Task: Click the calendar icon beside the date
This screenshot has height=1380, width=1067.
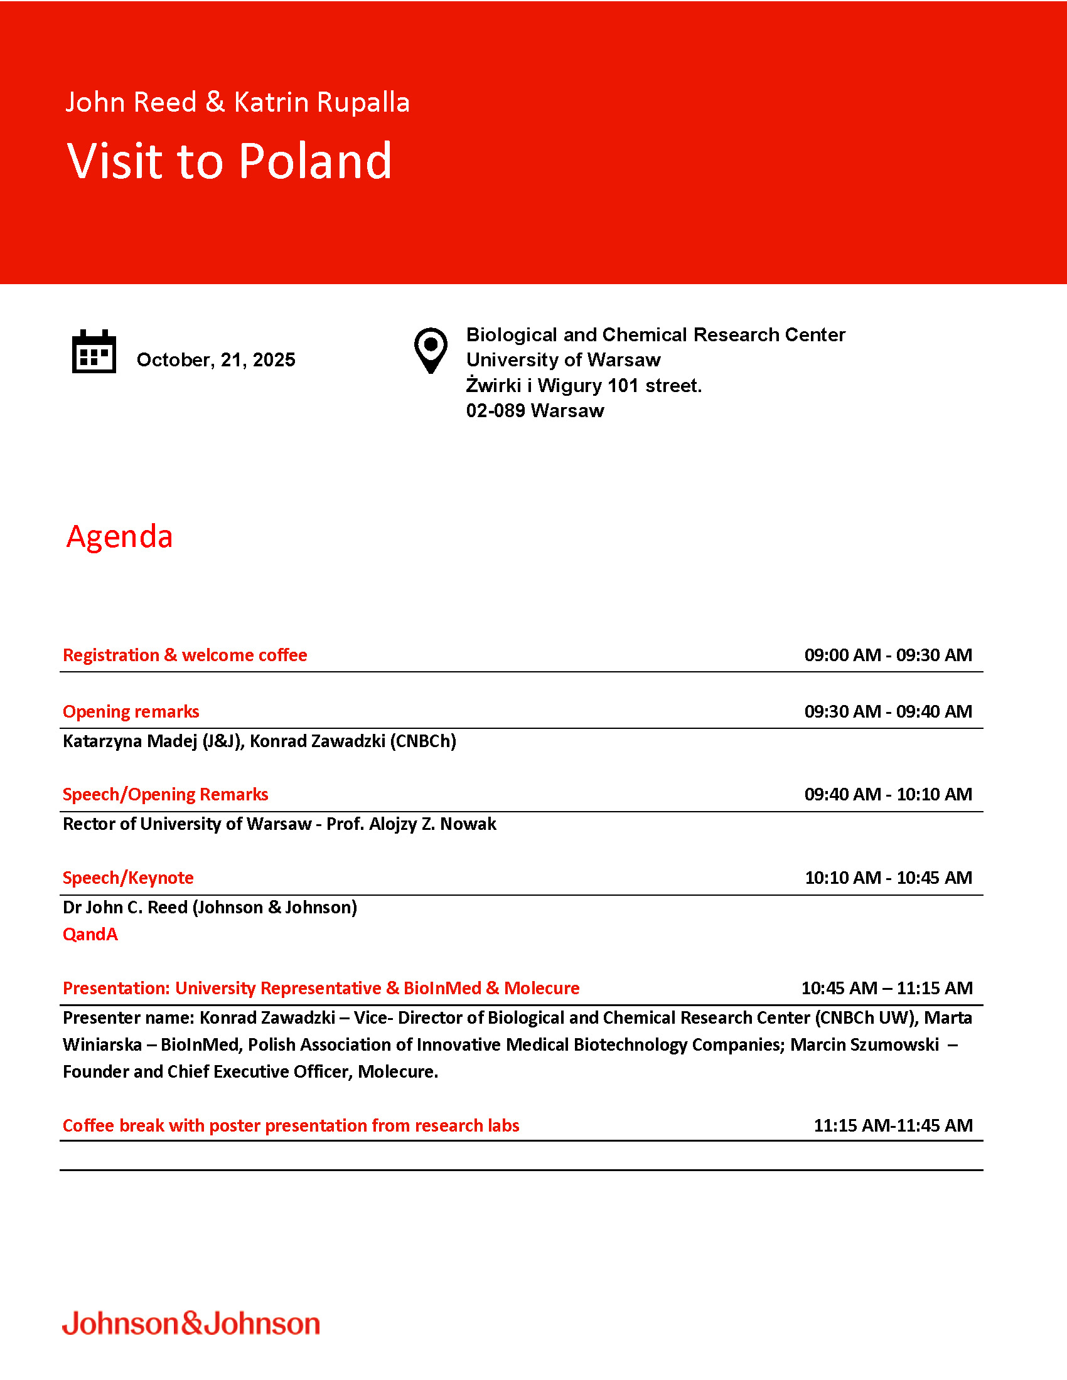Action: [x=94, y=351]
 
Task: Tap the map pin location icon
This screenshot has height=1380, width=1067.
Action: [x=431, y=350]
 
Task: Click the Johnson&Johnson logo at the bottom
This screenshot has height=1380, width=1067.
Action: [x=191, y=1323]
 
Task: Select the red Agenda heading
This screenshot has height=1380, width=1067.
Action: [x=119, y=536]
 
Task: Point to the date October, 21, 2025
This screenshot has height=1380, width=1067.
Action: [x=215, y=360]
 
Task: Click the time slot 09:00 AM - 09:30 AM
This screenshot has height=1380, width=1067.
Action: [x=887, y=655]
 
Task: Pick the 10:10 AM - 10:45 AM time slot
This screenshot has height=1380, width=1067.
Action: [x=887, y=878]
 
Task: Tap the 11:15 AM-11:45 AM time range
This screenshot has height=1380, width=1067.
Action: [x=893, y=1125]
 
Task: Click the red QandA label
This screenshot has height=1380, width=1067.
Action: [x=90, y=935]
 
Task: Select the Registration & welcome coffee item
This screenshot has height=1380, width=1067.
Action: [x=185, y=655]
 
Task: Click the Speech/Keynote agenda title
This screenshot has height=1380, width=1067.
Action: [x=127, y=878]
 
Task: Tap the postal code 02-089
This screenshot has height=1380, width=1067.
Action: [x=496, y=411]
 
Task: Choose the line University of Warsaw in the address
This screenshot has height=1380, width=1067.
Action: [x=563, y=360]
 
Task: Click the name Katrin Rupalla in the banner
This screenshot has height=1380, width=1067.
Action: [x=322, y=102]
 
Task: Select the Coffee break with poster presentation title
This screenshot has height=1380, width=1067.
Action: [x=291, y=1125]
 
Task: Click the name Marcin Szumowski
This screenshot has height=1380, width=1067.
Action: [x=864, y=1045]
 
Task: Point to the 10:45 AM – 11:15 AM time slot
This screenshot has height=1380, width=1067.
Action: [x=886, y=988]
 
